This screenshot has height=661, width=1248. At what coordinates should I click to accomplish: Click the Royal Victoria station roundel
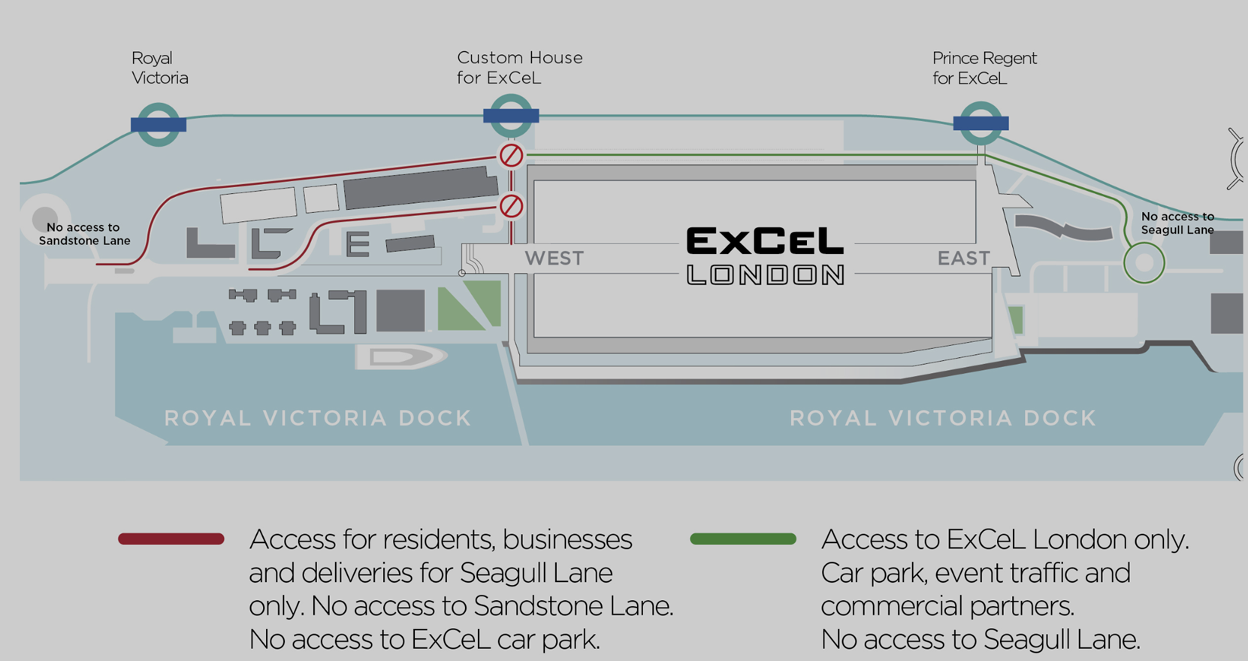159,125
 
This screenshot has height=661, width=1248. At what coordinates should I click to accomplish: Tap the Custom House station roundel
511,116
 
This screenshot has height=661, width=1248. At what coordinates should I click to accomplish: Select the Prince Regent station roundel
981,123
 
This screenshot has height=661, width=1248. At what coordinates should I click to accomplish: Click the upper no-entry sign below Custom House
511,156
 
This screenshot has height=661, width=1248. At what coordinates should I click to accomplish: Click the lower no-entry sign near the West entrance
511,206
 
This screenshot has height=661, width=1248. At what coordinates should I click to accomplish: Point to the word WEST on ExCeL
554,258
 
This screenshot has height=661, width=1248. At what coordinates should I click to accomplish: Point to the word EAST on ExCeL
964,258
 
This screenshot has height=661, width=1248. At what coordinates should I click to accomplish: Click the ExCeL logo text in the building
765,241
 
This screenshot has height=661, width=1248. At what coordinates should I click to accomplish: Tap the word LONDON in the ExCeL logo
765,275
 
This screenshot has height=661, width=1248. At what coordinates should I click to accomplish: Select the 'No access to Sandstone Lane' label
84,235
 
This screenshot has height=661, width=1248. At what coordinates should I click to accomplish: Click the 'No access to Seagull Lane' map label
1177,223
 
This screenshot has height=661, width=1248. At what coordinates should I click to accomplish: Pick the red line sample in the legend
171,538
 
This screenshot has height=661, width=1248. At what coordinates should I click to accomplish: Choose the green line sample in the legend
743,538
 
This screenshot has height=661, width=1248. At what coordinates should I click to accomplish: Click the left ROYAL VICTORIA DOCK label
318,418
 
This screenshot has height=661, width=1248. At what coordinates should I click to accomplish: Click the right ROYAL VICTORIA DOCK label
943,418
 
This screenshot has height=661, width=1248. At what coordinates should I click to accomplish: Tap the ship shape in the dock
401,357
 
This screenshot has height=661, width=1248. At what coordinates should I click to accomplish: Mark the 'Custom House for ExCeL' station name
519,68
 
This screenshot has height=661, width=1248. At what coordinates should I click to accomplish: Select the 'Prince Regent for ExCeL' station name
984,68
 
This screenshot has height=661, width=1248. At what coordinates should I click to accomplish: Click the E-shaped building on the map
357,244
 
